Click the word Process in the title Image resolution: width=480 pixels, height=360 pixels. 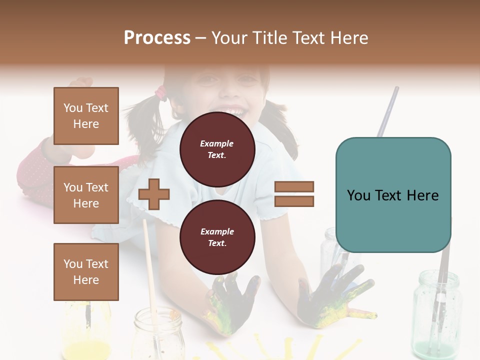157,38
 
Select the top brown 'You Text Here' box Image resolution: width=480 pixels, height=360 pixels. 86,116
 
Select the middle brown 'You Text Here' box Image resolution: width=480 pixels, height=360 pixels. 86,195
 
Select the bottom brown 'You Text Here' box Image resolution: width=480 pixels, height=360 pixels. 86,272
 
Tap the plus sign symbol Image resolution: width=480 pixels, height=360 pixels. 154,194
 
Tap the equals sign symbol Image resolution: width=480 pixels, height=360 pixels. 294,194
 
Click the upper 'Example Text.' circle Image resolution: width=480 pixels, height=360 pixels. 217,149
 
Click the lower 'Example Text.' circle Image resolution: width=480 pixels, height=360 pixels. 217,237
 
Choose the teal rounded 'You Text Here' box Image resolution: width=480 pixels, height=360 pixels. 393,195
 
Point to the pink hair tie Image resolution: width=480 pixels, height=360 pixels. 161,92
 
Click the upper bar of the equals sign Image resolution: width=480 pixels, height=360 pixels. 294,187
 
